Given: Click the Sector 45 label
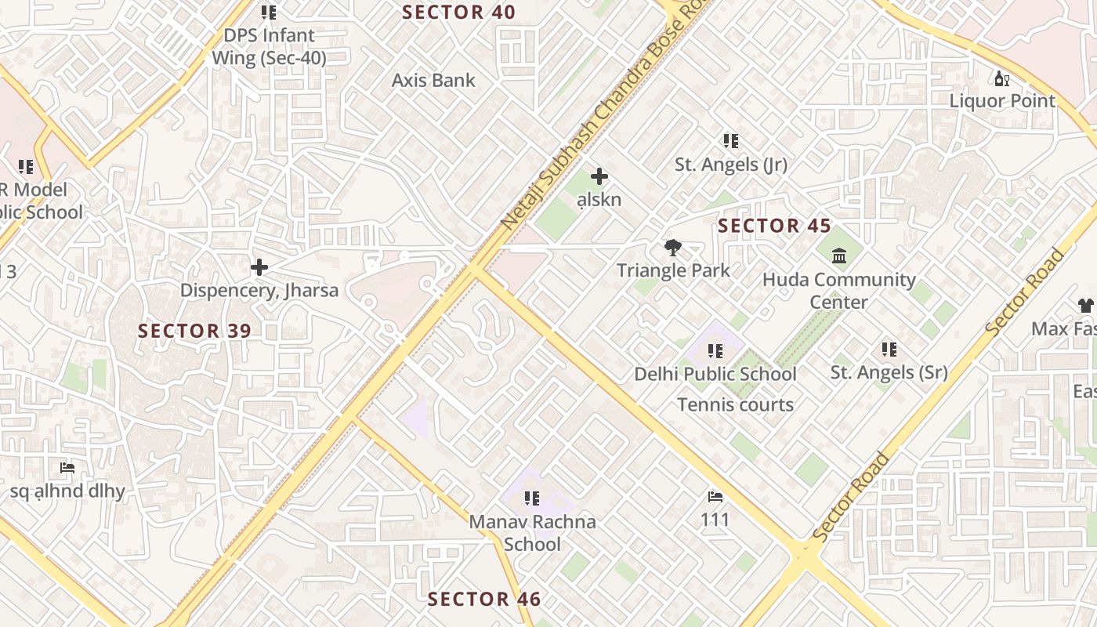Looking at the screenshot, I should (x=774, y=227).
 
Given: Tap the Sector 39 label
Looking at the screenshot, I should (x=194, y=331).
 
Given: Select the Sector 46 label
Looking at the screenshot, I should (x=483, y=600).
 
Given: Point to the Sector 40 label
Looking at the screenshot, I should (x=458, y=13).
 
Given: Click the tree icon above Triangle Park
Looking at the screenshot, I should (x=672, y=248).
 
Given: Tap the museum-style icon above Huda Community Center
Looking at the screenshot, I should (x=839, y=256).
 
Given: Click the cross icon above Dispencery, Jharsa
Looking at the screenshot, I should (x=259, y=268).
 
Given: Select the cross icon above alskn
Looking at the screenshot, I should (x=599, y=176).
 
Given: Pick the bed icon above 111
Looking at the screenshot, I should (x=715, y=497).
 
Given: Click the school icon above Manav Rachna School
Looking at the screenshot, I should (x=532, y=498).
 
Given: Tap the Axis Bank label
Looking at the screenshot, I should (x=433, y=80).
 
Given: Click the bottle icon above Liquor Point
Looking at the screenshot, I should (x=1001, y=78).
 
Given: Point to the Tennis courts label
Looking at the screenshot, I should (x=735, y=405).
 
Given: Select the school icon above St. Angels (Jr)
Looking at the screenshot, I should (x=730, y=141).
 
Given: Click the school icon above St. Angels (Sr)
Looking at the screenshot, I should (x=889, y=349).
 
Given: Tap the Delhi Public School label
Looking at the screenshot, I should (x=715, y=374).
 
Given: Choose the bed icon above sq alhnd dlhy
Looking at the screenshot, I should (x=67, y=469).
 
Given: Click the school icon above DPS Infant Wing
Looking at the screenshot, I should (x=269, y=13).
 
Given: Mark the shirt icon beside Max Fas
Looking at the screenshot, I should (x=1085, y=305).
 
